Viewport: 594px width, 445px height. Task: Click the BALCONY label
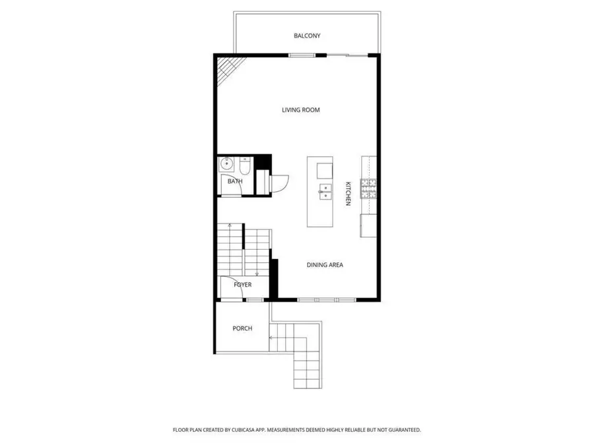pyautogui.click(x=307, y=36)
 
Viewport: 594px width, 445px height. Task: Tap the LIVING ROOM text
pyautogui.click(x=301, y=110)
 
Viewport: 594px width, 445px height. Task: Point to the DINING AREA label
pyautogui.click(x=325, y=265)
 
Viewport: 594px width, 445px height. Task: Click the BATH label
pyautogui.click(x=235, y=181)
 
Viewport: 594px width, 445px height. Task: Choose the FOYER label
pyautogui.click(x=242, y=285)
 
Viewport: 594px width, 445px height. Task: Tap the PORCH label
pyautogui.click(x=242, y=328)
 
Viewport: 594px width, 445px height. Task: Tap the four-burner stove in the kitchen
pyautogui.click(x=368, y=189)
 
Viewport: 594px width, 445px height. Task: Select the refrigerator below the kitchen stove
pyautogui.click(x=368, y=225)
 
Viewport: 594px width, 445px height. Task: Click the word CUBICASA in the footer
pyautogui.click(x=246, y=430)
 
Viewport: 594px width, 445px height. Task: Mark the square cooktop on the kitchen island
pyautogui.click(x=323, y=170)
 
